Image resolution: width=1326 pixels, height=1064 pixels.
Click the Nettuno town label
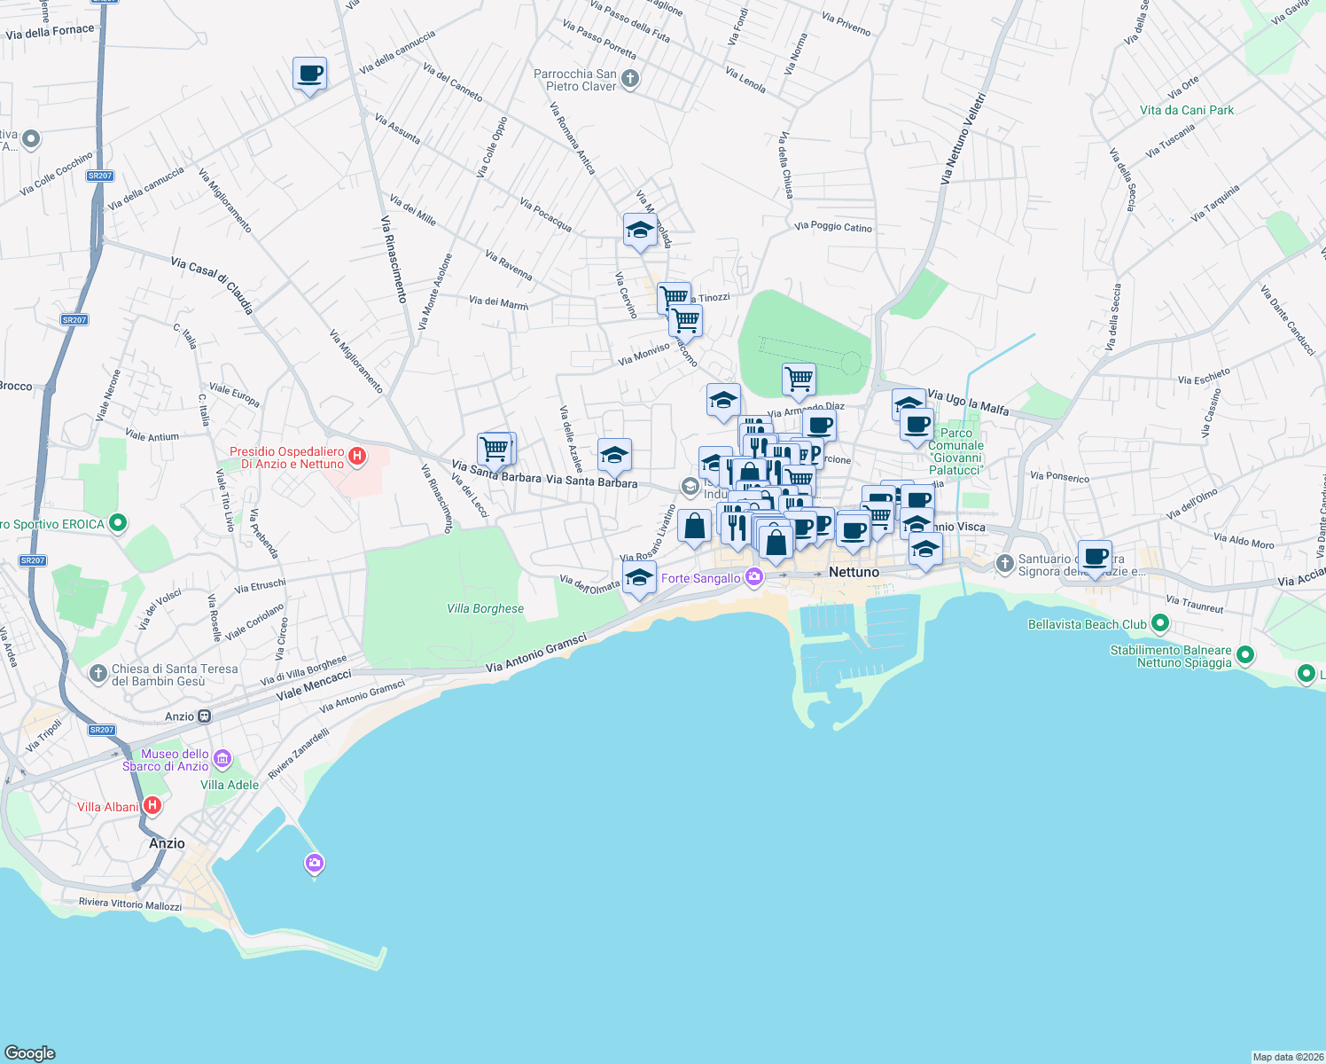tap(854, 573)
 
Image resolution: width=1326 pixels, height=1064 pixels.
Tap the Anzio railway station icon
tap(205, 716)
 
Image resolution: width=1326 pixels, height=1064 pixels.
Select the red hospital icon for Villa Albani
tap(152, 806)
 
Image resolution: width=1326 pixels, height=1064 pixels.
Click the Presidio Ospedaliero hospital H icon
tap(357, 458)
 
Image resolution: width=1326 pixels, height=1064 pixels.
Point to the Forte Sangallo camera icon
tap(754, 577)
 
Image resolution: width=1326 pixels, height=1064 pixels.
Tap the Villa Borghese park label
tap(485, 609)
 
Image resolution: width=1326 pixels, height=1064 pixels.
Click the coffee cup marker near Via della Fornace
tap(309, 74)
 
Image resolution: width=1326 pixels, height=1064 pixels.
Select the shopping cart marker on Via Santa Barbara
tap(495, 449)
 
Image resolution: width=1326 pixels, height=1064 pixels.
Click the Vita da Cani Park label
tap(1186, 111)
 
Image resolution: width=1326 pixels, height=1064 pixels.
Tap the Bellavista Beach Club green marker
tap(1159, 624)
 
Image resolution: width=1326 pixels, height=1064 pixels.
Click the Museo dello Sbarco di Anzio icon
tap(222, 759)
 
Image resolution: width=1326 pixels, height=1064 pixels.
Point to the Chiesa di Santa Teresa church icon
tap(98, 674)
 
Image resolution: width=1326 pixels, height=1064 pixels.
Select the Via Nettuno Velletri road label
tap(963, 137)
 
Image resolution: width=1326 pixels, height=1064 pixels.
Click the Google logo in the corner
tap(30, 1053)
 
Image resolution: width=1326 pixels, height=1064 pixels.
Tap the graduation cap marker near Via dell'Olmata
tap(639, 579)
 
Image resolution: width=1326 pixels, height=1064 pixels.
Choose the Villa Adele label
tap(230, 785)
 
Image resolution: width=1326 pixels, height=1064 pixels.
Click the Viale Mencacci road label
tap(314, 686)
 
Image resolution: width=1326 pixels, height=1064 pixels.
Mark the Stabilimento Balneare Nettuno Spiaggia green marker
tap(1245, 656)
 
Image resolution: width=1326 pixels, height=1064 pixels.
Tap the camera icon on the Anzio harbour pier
tap(314, 863)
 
